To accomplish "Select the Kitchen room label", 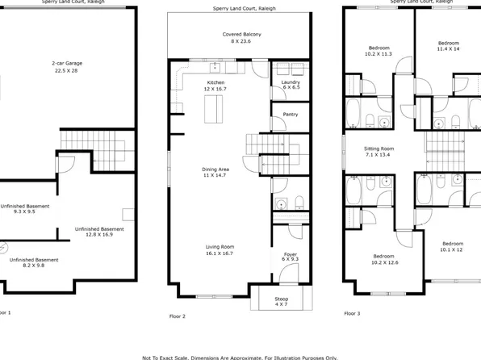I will [215, 86].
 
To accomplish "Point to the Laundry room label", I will [290, 86].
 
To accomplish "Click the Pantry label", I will [290, 115].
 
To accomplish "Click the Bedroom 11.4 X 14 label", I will [448, 45].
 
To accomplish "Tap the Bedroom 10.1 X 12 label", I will [452, 246].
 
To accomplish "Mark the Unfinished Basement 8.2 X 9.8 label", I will [34, 263].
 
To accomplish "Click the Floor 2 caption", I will [178, 316].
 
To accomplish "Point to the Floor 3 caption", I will [353, 312].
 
